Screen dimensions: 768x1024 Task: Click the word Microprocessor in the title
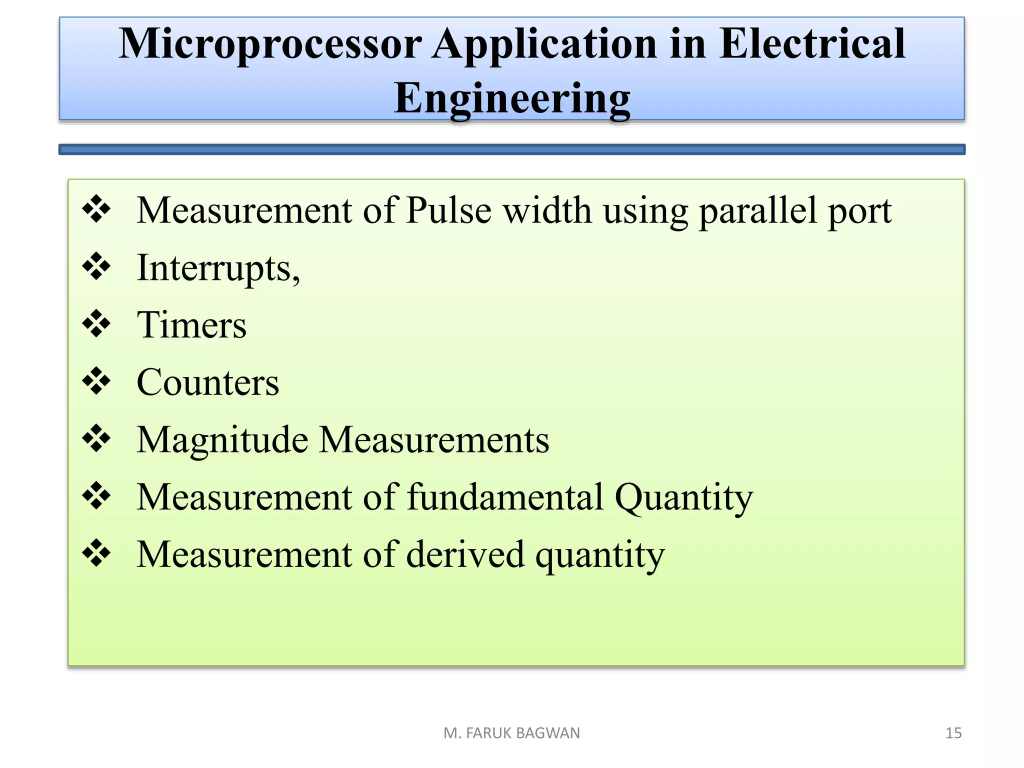tap(270, 45)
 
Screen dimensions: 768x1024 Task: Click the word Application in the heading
tap(544, 45)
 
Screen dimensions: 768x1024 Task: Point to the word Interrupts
tap(218, 268)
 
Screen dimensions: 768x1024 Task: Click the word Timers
tap(191, 325)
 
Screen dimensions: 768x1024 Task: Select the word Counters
tap(207, 382)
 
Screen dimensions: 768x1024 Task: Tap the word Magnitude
tap(222, 440)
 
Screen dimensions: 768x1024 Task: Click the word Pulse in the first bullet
tap(448, 210)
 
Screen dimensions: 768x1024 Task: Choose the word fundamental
tap(505, 497)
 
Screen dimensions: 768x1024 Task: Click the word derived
tap(465, 554)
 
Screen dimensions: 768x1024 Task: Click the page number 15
tap(953, 733)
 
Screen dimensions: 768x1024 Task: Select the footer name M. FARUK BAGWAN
tap(511, 733)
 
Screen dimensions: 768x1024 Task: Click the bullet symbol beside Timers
tap(96, 323)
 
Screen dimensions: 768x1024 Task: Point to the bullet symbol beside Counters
tap(96, 381)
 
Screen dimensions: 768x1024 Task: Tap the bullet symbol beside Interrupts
tap(96, 266)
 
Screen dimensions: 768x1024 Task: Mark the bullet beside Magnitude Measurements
tap(96, 438)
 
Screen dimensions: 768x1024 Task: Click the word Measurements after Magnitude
tap(433, 440)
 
